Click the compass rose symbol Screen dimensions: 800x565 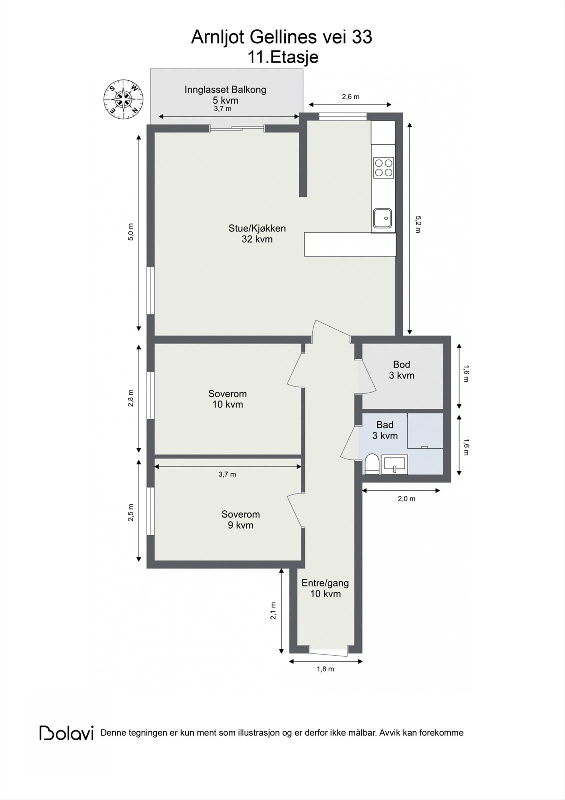click(123, 99)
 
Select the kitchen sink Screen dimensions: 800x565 click(383, 218)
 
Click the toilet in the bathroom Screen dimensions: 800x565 click(371, 464)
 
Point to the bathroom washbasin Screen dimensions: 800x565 click(395, 465)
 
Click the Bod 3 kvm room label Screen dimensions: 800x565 click(402, 370)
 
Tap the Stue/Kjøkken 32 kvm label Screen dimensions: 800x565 click(257, 234)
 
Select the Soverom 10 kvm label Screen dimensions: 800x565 click(228, 399)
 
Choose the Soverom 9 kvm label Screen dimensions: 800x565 click(241, 520)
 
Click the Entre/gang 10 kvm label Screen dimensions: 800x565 click(325, 588)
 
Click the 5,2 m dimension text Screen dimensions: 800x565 click(418, 227)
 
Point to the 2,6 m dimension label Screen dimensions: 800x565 click(350, 97)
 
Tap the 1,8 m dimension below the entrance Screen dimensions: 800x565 click(325, 669)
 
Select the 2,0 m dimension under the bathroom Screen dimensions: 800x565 click(406, 499)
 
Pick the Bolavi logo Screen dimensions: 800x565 click(66, 733)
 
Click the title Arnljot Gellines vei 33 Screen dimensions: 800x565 click(282, 37)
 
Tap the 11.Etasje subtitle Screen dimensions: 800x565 click(283, 57)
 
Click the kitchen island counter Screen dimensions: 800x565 click(350, 244)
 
